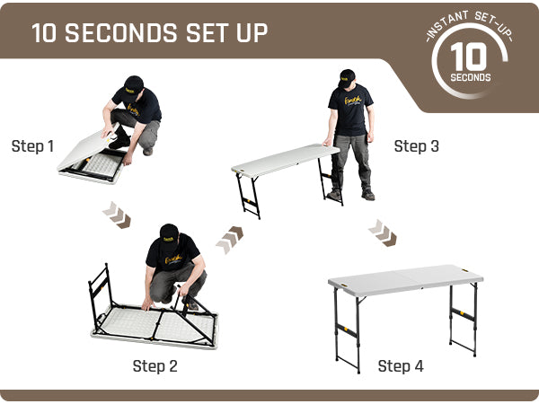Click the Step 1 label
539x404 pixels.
(32, 146)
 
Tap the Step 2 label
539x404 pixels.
(155, 366)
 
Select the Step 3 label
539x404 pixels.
(416, 146)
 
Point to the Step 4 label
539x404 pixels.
(401, 366)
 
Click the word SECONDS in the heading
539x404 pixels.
(121, 33)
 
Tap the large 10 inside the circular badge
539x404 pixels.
(469, 57)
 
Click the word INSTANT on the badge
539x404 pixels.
(446, 25)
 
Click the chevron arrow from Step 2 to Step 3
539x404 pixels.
(229, 240)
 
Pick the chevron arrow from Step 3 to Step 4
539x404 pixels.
(383, 233)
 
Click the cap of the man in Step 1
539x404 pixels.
(133, 84)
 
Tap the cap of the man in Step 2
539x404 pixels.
(169, 233)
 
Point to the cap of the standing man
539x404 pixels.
(347, 78)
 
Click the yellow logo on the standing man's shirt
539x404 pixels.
(353, 101)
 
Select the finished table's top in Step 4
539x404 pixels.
(406, 280)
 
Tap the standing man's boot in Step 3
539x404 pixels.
(368, 195)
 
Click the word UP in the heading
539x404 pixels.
(252, 33)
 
